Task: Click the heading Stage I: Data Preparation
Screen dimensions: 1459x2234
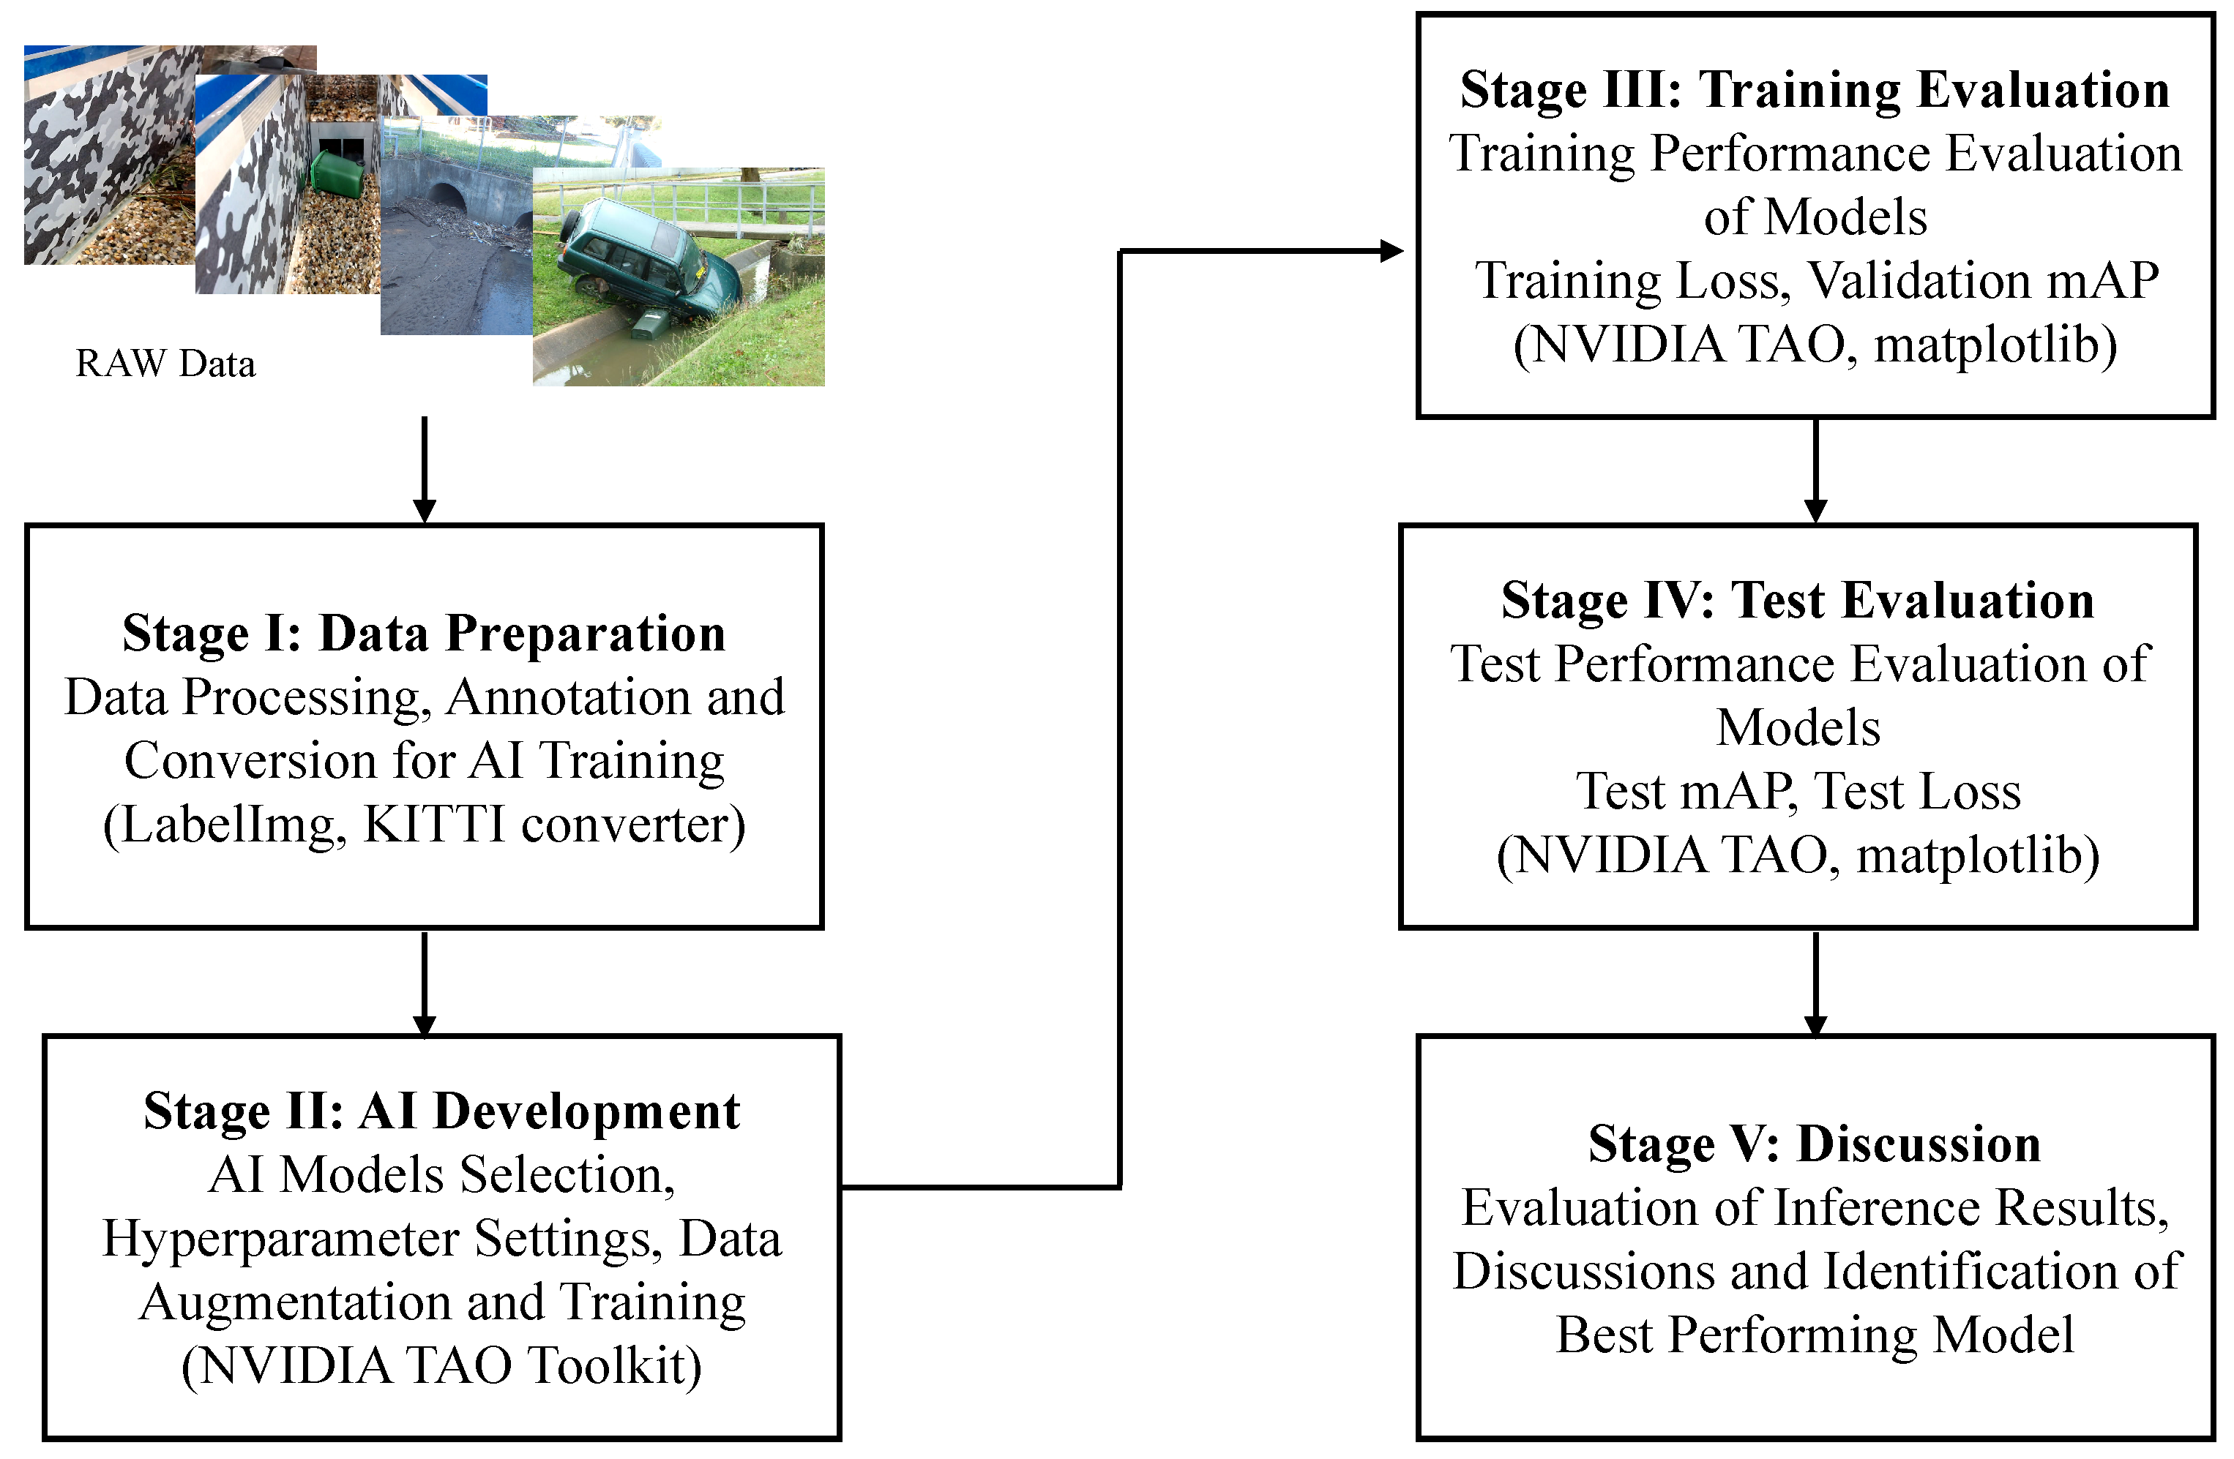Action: (x=425, y=634)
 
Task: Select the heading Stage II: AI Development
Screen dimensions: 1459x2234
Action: (x=441, y=1112)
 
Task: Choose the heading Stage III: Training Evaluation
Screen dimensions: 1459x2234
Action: (x=1815, y=90)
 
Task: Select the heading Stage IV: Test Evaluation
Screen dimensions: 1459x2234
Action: (x=1798, y=601)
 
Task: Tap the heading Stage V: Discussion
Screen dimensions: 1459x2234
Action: (x=1815, y=1144)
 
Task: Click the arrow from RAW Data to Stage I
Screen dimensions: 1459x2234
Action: (x=425, y=469)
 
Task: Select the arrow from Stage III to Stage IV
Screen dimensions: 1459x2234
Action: (x=1815, y=469)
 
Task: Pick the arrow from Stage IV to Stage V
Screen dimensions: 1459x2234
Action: (x=1815, y=983)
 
